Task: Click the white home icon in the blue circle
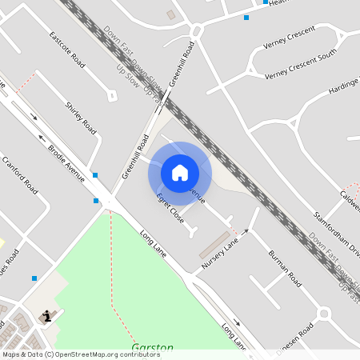pos(179,172)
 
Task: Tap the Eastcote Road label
pos(66,49)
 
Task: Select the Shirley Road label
pos(80,118)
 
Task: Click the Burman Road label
pos(284,270)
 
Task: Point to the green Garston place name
pos(147,349)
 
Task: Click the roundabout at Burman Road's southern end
pos(324,313)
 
